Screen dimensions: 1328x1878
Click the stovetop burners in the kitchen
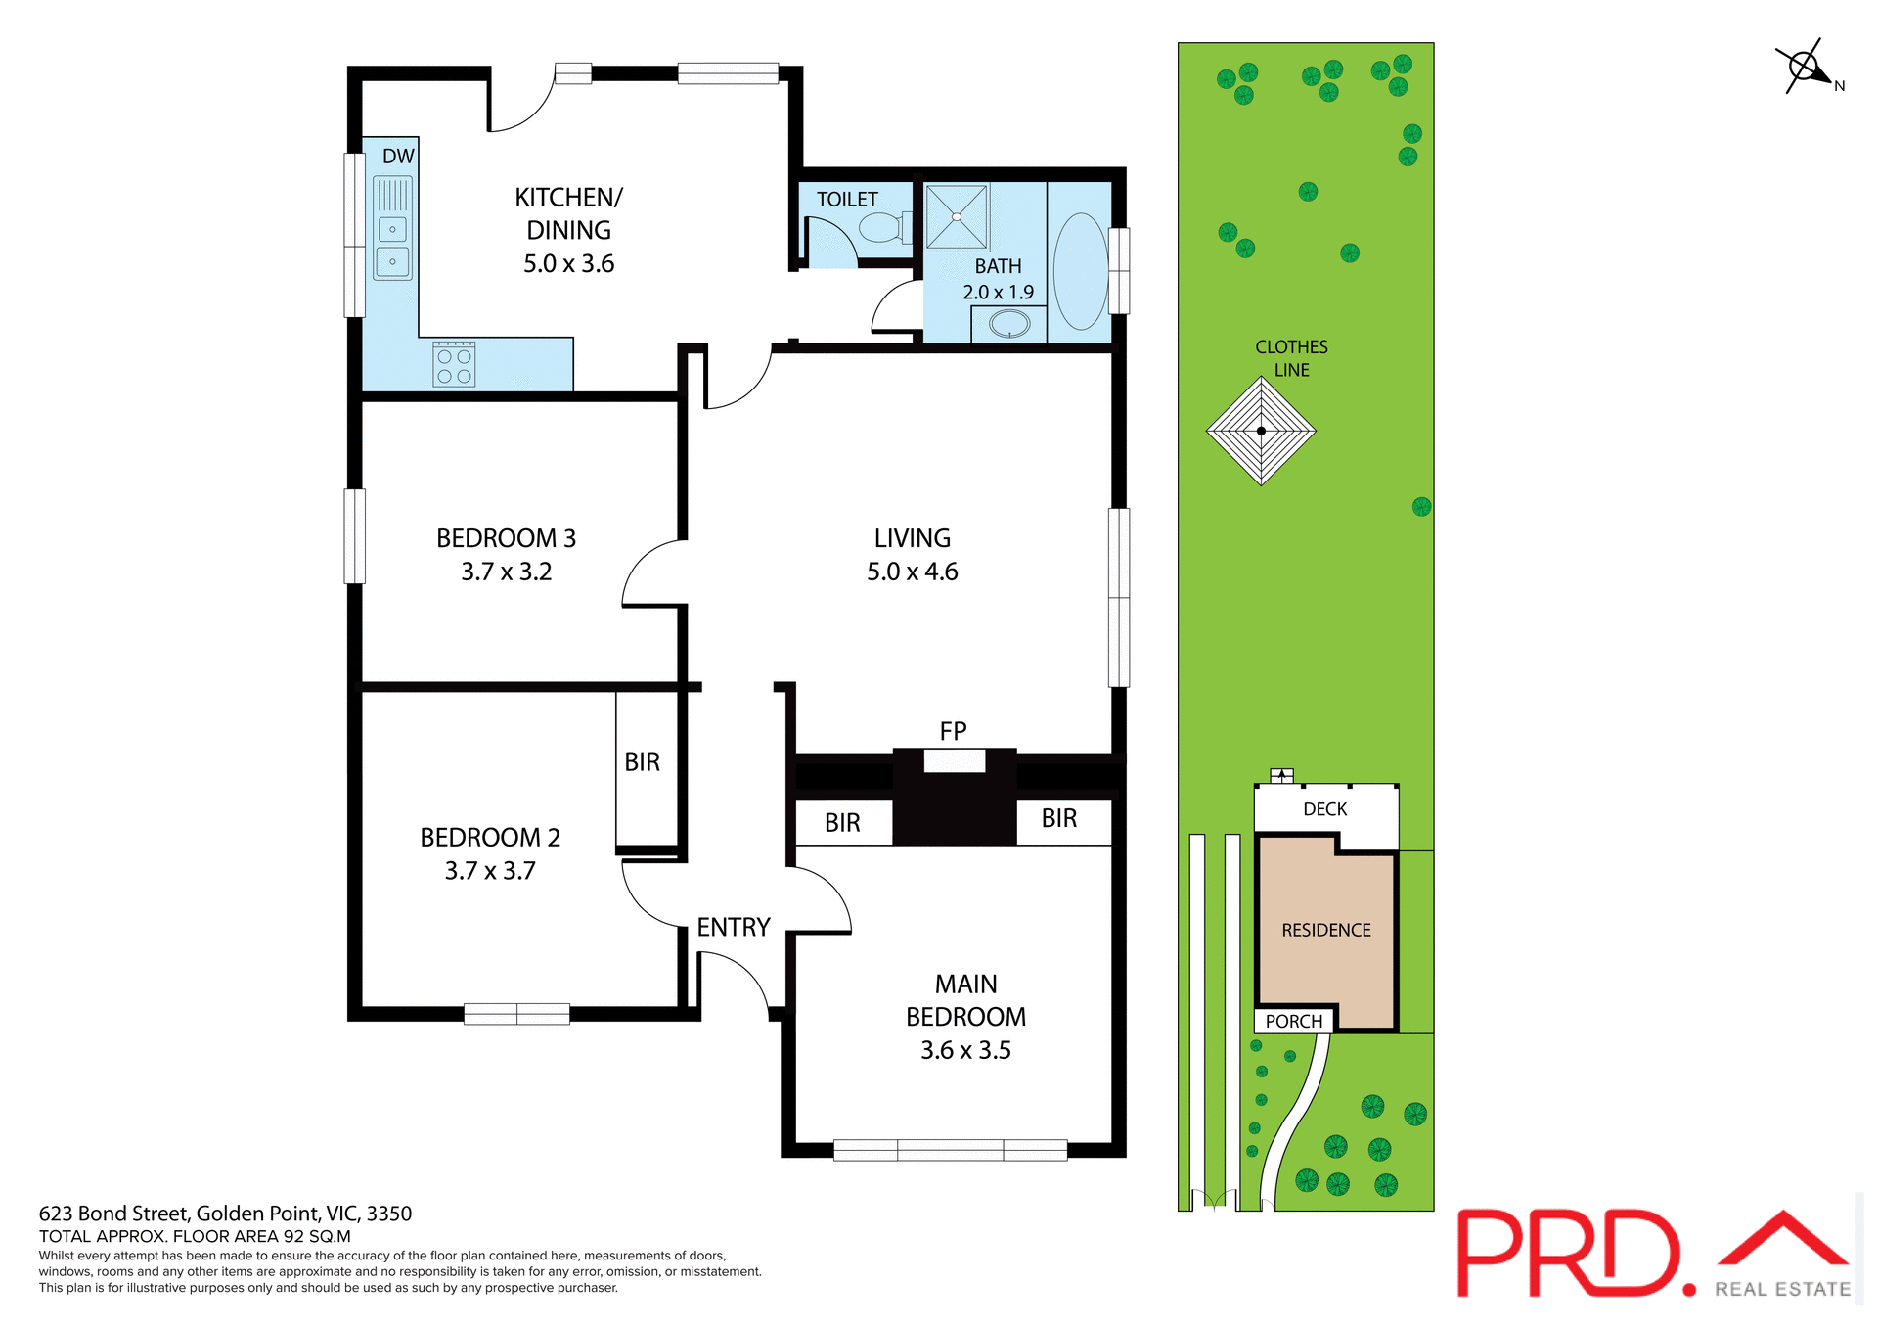pos(454,364)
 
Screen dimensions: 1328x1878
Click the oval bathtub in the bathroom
pos(1080,271)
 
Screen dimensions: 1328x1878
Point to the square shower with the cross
pos(957,216)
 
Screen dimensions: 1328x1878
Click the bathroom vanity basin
pos(1009,324)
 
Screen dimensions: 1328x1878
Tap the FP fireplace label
pos(953,731)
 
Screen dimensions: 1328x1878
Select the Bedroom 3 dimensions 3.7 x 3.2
pos(506,572)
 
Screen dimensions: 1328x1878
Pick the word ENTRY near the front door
pos(734,927)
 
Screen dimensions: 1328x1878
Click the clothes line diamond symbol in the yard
pos(1261,431)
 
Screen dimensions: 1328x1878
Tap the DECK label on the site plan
pos(1324,809)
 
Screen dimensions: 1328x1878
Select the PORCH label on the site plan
pos(1293,1021)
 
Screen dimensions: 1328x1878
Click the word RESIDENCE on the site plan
pos(1325,930)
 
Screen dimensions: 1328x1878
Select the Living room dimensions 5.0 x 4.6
pos(912,572)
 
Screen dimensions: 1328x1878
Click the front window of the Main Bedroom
pos(949,1150)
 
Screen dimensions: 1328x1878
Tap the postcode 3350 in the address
pos(389,1214)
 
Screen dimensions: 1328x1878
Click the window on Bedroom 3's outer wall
pos(354,536)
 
